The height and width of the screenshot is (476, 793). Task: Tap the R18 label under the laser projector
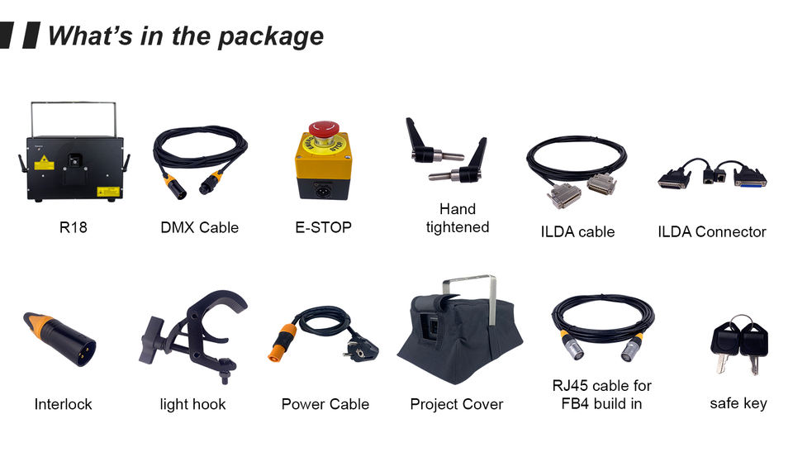tap(73, 227)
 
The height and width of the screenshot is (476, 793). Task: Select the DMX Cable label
tap(199, 227)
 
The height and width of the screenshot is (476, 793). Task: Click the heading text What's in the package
tap(185, 36)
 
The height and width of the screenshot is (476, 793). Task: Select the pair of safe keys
tap(739, 341)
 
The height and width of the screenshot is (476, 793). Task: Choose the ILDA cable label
tap(577, 232)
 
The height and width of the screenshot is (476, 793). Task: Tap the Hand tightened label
tap(458, 218)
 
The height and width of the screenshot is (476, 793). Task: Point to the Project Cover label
tap(456, 404)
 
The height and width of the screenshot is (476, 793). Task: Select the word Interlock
tap(64, 404)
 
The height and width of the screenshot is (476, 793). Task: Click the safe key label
tap(738, 403)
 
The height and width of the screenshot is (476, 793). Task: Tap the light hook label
tap(192, 404)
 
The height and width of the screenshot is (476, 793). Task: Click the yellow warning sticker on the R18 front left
tap(43, 163)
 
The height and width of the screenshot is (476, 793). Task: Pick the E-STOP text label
tap(323, 227)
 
